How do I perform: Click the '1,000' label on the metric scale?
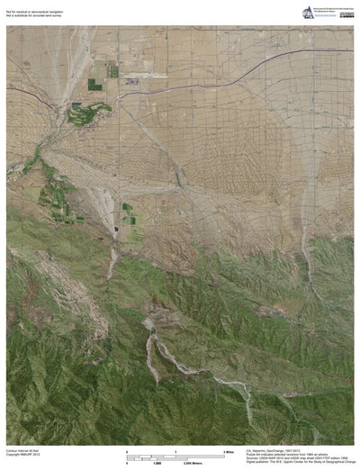(x=167, y=461)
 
